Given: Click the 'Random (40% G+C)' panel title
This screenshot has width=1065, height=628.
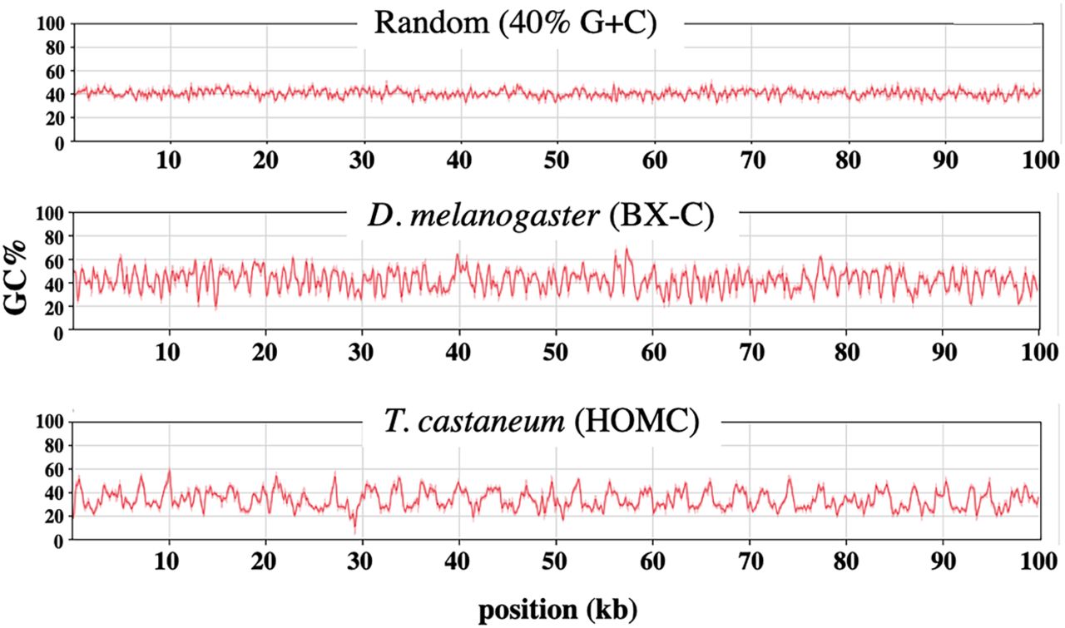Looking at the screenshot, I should [x=516, y=22].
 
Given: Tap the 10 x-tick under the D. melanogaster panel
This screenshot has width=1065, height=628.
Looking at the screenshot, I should [x=169, y=349].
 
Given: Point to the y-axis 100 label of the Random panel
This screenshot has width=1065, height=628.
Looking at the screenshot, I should [x=52, y=24].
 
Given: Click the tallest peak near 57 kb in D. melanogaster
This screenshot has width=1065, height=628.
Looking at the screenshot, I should [x=627, y=249].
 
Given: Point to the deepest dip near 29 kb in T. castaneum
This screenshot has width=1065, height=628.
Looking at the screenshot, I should [x=354, y=530].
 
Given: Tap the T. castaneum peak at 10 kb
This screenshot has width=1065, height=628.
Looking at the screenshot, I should [x=169, y=471].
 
